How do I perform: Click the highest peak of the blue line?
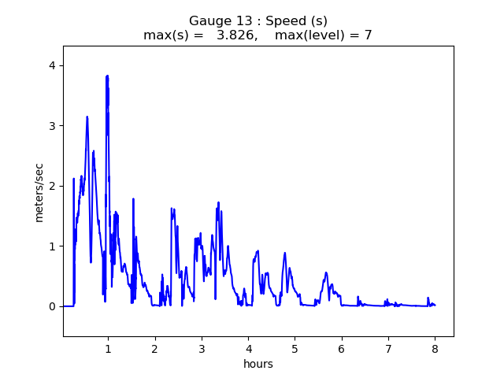pos(107,76)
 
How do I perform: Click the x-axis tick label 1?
pos(108,349)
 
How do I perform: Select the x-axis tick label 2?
pos(154,349)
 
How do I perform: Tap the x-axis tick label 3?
pos(202,349)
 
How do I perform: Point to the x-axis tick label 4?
pos(248,349)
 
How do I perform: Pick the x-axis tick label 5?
pos(295,349)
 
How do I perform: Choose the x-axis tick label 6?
pos(342,349)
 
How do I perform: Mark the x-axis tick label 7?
pos(388,349)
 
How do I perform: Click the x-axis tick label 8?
pos(435,349)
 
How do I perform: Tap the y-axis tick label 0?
pos(51,306)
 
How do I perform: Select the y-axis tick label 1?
pos(51,246)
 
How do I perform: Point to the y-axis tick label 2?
pos(51,186)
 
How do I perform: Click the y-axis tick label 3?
pos(51,126)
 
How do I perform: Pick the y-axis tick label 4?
pos(51,65)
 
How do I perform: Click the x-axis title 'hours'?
pos(258,364)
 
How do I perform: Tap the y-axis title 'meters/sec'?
pos(39,192)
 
